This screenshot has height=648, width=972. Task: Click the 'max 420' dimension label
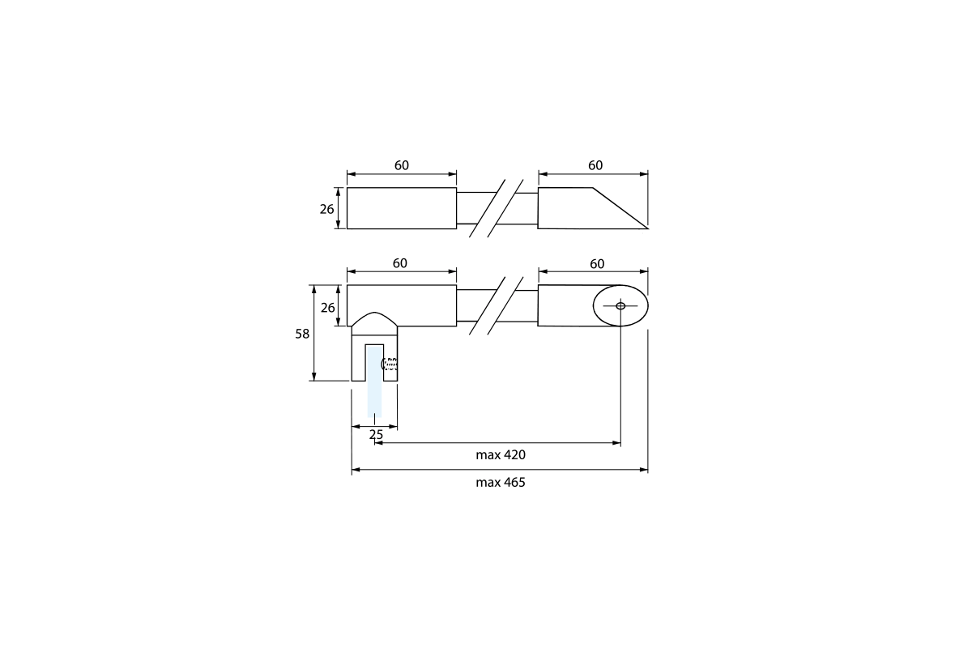click(501, 455)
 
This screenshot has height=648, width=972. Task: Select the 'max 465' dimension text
click(501, 482)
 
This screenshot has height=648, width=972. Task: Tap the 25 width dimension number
click(376, 435)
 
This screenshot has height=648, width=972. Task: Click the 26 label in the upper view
click(326, 209)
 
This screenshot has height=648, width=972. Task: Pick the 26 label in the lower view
click(326, 308)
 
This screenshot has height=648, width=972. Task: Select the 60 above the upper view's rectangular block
click(402, 165)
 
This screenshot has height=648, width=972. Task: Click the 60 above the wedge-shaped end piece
click(595, 165)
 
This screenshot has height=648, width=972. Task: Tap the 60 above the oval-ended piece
click(597, 264)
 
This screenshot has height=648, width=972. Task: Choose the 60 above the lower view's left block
click(400, 264)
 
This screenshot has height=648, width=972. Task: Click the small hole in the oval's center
click(620, 305)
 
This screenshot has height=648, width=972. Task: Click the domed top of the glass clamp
click(374, 320)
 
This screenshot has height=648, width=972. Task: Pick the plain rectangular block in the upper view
click(402, 208)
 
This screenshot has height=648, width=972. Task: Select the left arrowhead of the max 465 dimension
click(355, 469)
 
